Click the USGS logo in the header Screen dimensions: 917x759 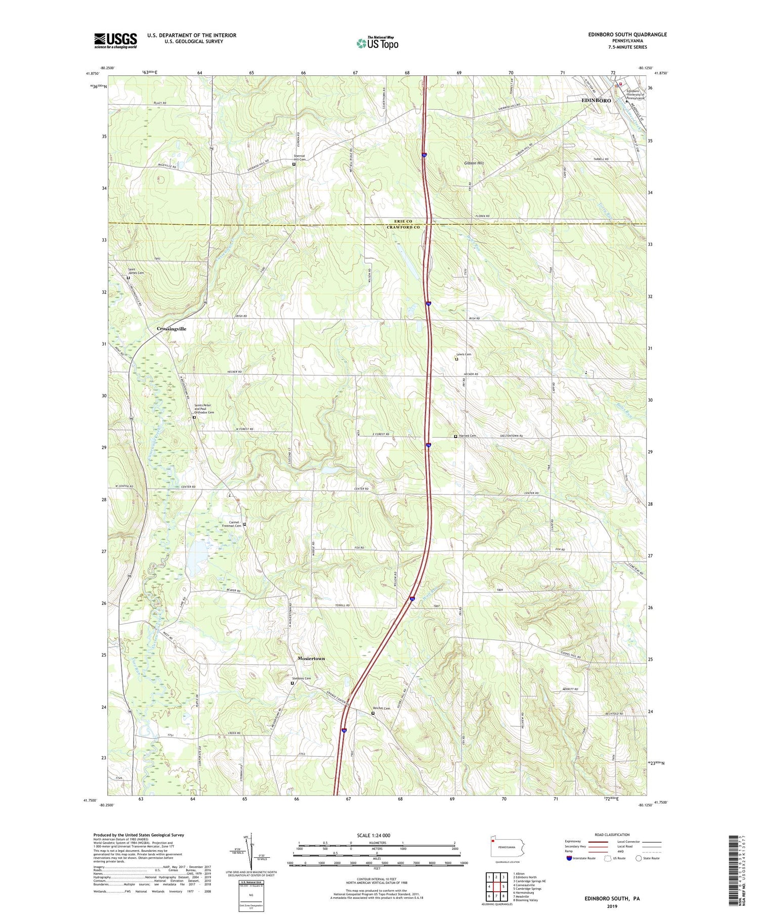(x=115, y=40)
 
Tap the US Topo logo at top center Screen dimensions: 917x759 (x=377, y=43)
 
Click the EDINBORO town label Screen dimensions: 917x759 (x=596, y=100)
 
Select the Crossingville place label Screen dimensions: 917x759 (x=172, y=329)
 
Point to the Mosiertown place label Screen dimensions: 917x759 (x=311, y=659)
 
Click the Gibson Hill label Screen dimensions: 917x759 (x=474, y=163)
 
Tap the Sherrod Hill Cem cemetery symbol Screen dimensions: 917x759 (x=294, y=164)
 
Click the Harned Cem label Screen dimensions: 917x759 (x=468, y=435)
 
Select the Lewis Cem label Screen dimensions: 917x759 (x=463, y=354)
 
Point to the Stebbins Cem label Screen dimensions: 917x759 (x=302, y=678)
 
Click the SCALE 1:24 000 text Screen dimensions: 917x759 (x=377, y=835)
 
